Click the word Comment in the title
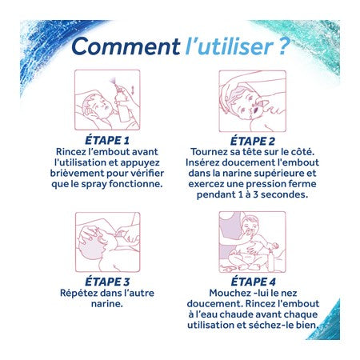point(126,46)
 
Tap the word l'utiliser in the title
point(229,46)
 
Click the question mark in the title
point(284,46)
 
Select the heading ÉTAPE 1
point(107,140)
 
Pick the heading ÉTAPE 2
point(252,141)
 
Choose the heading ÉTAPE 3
point(107,282)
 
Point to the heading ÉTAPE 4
point(253,282)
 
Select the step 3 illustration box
point(108,242)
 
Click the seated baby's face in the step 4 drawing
point(250,226)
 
